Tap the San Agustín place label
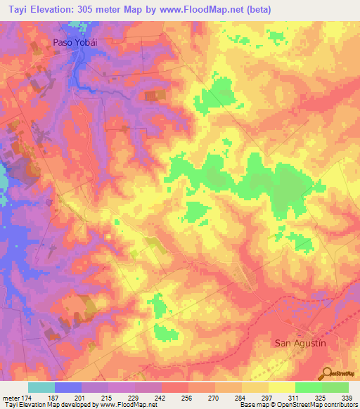(300, 342)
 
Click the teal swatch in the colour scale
(41, 388)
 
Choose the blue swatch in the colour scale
(67, 388)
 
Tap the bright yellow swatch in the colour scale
(281, 388)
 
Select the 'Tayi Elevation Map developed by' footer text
(42, 404)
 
